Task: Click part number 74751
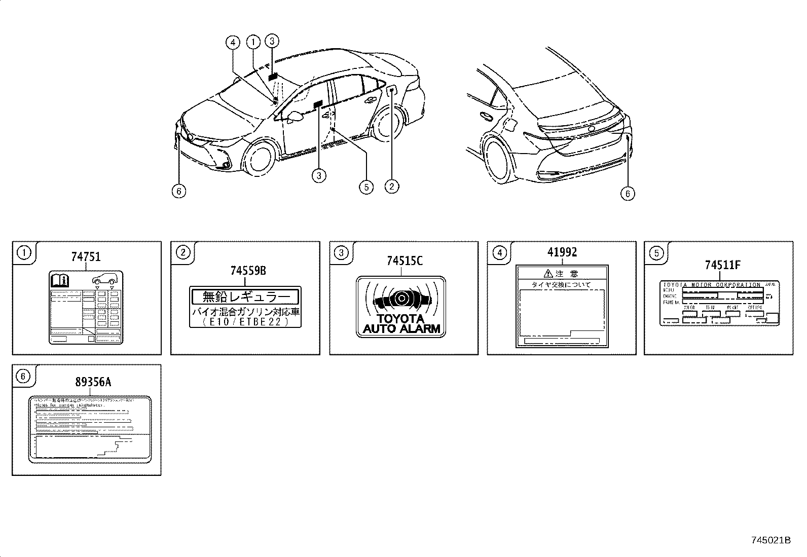click(x=85, y=257)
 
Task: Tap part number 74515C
click(x=404, y=261)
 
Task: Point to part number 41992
click(x=562, y=252)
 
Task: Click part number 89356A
click(x=91, y=383)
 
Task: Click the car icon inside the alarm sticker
click(x=400, y=300)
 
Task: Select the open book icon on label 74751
click(x=59, y=279)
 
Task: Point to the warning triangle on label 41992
click(x=548, y=274)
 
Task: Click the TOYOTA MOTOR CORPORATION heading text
click(x=712, y=285)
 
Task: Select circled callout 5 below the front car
click(x=365, y=187)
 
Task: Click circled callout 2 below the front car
click(x=392, y=187)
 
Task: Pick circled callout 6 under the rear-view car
click(x=627, y=193)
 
